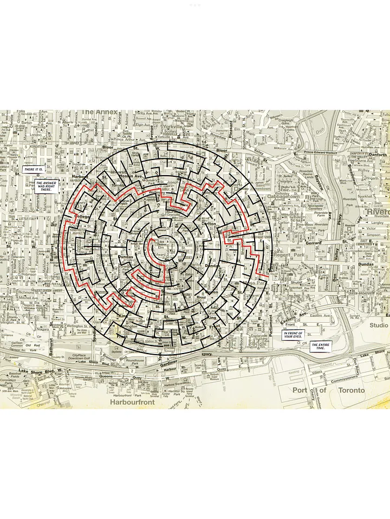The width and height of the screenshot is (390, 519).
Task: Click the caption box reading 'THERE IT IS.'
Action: coord(34,170)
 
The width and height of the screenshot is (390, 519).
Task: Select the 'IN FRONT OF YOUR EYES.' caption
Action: coord(294,335)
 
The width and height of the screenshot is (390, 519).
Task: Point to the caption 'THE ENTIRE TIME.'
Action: coord(320,347)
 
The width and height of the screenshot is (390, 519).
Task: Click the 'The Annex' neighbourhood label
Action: coord(99,112)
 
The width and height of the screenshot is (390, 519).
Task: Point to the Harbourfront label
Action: coord(132,402)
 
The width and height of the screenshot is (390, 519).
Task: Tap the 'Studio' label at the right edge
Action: coord(379,325)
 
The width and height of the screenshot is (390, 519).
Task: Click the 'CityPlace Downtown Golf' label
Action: coord(83,358)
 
